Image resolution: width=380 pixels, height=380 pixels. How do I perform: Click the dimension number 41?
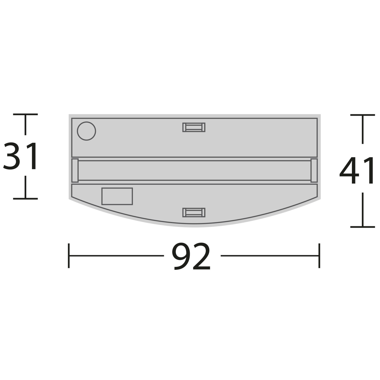click(x=357, y=171)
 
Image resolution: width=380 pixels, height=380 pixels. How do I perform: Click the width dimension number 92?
click(x=191, y=257)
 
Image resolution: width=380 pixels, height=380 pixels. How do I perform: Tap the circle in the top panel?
click(x=86, y=131)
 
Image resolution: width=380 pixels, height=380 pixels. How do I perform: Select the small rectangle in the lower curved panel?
click(x=117, y=196)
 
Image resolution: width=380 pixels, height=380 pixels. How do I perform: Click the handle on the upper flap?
click(x=194, y=127)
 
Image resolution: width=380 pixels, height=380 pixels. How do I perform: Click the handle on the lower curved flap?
click(x=194, y=213)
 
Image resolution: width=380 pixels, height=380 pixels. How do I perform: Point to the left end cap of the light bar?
click(x=75, y=170)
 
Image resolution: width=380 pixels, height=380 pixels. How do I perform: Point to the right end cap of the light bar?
click(x=314, y=170)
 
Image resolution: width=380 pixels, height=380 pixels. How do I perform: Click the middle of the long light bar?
click(x=194, y=170)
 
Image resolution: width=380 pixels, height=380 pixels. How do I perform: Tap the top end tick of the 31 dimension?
click(x=25, y=114)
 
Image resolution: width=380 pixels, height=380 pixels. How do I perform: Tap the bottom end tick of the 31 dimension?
click(x=25, y=199)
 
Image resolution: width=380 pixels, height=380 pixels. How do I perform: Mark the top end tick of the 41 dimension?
click(x=362, y=115)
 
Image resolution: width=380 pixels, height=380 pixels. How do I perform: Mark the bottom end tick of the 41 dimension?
click(x=362, y=227)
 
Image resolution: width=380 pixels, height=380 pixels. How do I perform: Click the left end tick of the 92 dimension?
click(x=69, y=255)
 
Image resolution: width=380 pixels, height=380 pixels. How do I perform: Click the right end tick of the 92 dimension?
click(x=319, y=255)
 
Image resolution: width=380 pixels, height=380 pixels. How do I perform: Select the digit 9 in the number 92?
click(x=181, y=257)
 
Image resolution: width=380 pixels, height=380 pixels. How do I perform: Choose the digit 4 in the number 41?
click(x=350, y=171)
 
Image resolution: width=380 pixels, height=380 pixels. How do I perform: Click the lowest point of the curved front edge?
click(x=194, y=225)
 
